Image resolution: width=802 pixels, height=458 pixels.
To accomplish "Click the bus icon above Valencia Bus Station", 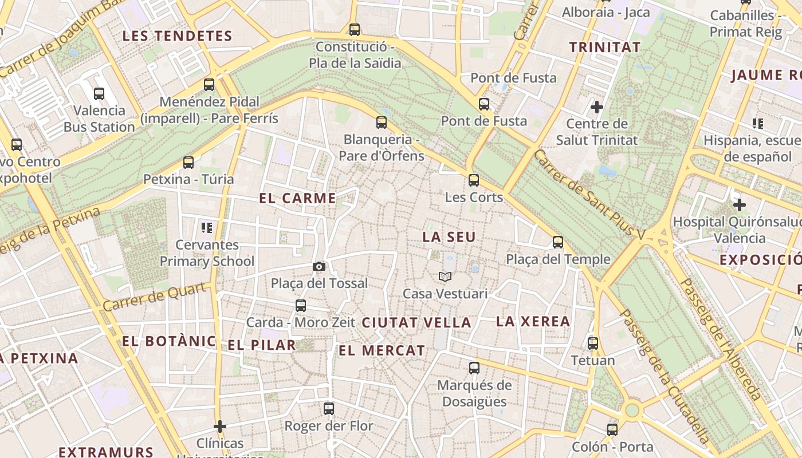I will click(x=99, y=93).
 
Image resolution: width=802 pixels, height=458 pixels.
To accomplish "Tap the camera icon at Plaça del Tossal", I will click(x=319, y=266).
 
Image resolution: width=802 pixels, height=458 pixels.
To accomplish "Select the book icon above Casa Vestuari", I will click(x=445, y=277).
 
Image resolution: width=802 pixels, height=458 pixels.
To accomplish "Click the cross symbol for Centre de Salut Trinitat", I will click(x=597, y=106).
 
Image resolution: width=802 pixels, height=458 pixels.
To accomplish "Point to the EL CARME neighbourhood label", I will click(x=297, y=199).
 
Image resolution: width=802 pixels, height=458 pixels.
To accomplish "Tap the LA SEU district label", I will click(x=449, y=236).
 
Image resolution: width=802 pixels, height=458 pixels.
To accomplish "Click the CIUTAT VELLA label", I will click(x=416, y=322).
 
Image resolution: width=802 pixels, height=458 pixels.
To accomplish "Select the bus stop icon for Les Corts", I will click(x=474, y=180).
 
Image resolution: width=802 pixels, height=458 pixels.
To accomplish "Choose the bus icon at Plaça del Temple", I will click(x=558, y=242).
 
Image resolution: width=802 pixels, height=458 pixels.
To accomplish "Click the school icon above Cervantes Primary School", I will click(x=207, y=228).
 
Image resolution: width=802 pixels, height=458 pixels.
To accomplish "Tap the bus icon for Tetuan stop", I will click(x=593, y=343).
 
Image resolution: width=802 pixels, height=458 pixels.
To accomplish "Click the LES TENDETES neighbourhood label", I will click(x=178, y=36).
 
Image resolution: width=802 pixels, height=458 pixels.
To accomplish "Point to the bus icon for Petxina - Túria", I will click(x=188, y=162).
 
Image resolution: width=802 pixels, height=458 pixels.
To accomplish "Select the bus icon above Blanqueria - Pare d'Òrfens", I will click(x=382, y=122).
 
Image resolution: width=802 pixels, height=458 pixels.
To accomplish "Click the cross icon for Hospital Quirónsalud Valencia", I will click(x=740, y=204).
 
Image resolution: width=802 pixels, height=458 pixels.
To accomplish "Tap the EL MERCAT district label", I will click(x=382, y=350).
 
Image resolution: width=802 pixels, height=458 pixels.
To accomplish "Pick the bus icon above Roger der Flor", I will click(x=329, y=409).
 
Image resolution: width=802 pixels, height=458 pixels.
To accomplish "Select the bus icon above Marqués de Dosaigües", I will click(x=474, y=368).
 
